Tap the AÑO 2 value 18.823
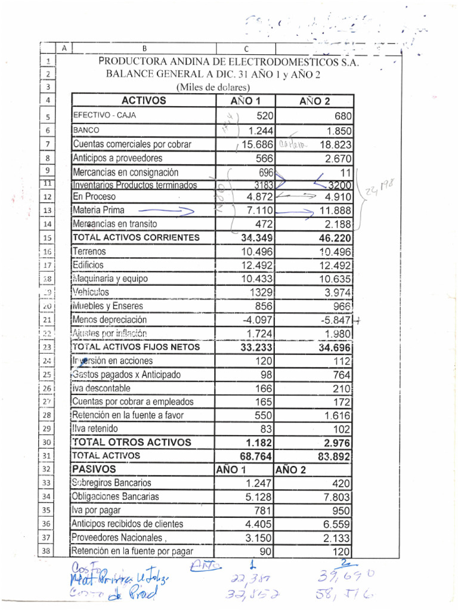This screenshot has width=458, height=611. coord(336,144)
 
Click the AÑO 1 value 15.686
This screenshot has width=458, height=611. coord(257,144)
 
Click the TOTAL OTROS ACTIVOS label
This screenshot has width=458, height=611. coord(132,442)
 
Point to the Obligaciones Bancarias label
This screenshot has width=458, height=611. coord(115,496)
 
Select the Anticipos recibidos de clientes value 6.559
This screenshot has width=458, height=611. coord(337,524)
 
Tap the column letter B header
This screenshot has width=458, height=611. coord(144,48)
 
